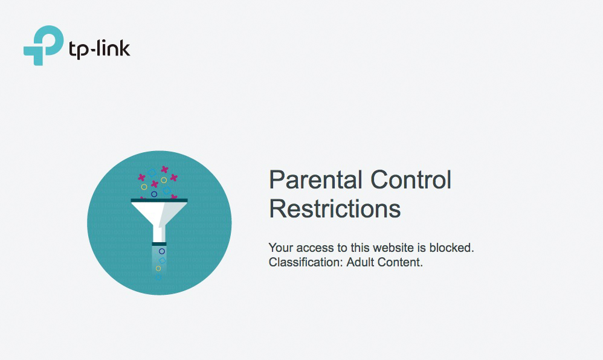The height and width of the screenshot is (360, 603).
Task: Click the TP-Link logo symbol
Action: click(x=43, y=45)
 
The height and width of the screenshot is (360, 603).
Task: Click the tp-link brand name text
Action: click(x=99, y=50)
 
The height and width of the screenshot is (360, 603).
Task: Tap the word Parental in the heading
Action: click(x=315, y=179)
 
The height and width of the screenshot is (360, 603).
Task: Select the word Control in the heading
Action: click(x=411, y=179)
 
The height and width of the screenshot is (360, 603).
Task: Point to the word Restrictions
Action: click(x=335, y=209)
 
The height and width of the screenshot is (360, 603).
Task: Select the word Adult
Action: click(x=360, y=262)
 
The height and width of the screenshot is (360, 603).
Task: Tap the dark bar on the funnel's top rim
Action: click(x=160, y=201)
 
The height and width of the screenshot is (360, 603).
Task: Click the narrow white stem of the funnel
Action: click(x=160, y=234)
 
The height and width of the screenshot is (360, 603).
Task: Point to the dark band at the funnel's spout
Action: click(x=160, y=244)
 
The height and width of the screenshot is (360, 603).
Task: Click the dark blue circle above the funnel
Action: click(x=154, y=194)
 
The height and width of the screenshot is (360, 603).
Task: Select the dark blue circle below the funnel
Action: click(x=162, y=251)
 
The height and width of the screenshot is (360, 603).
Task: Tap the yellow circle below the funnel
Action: click(x=158, y=268)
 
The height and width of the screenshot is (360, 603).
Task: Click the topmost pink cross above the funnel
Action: click(x=164, y=169)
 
